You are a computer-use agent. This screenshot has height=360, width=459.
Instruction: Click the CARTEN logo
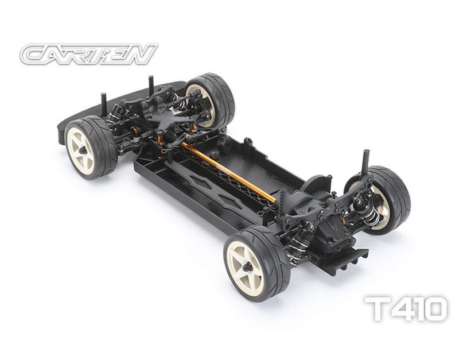(89, 54)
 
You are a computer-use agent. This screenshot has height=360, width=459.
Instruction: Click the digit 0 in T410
(434, 308)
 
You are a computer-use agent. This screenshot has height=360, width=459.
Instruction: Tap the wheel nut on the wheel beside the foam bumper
(83, 150)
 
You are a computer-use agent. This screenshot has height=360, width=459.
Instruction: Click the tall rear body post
(367, 162)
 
